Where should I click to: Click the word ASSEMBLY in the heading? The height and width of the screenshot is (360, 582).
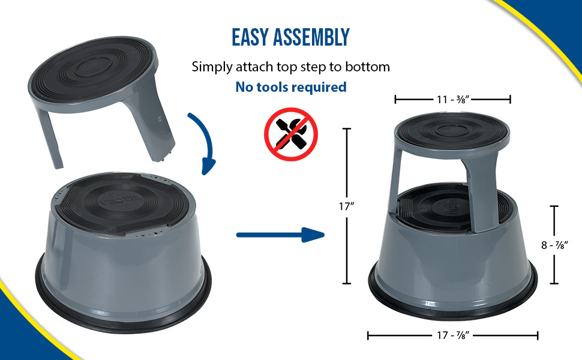[x=311, y=37]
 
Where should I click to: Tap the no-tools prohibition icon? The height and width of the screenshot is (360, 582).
[x=291, y=134]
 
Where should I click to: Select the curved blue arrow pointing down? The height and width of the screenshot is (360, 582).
[x=205, y=141]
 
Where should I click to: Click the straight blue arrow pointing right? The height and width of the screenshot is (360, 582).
[x=280, y=235]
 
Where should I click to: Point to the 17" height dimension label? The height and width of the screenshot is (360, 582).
[x=346, y=206]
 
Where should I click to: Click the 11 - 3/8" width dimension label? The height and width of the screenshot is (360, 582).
[x=453, y=100]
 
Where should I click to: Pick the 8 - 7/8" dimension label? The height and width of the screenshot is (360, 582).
[x=554, y=245]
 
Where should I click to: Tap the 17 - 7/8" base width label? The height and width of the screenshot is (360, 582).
[x=453, y=335]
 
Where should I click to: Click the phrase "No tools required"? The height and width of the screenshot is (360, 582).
[x=291, y=87]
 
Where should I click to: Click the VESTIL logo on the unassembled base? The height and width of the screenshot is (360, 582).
[x=121, y=201]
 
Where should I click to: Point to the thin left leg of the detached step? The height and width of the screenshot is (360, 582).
[x=50, y=137]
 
